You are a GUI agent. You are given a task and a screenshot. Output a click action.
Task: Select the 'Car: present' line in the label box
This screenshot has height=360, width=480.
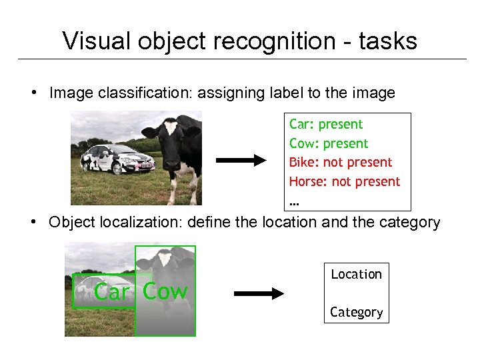(326, 125)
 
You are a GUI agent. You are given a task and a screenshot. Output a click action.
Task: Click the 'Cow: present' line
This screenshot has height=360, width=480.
(329, 144)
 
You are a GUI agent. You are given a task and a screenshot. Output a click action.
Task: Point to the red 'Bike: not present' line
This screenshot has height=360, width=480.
(341, 163)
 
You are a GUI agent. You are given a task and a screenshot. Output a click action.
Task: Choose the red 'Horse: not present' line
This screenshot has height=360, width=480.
(345, 182)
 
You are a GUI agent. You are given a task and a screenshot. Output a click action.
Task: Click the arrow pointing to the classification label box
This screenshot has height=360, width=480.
(241, 161)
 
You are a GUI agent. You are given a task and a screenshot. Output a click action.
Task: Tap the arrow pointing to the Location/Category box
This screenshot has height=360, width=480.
(259, 294)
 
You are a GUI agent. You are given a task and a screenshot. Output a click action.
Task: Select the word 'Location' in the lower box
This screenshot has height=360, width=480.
(357, 275)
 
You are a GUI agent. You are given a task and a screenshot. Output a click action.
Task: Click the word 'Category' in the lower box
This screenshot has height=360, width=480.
(357, 313)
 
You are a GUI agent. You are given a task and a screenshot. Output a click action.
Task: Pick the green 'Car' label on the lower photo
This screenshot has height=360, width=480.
(112, 292)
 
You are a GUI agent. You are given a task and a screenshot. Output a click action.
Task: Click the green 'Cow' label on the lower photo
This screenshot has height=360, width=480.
(165, 291)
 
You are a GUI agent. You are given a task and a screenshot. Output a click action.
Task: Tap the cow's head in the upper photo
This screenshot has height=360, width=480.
(171, 137)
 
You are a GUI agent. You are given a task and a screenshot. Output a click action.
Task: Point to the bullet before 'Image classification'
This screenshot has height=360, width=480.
(33, 93)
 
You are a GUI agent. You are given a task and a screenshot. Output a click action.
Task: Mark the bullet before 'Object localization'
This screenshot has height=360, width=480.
(33, 222)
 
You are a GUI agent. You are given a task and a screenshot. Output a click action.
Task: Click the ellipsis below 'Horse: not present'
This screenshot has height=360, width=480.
(294, 201)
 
